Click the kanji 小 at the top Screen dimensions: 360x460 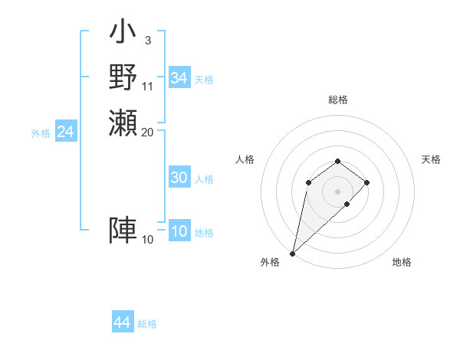pyautogui.click(x=123, y=34)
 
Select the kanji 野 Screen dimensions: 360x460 pyautogui.click(x=123, y=77)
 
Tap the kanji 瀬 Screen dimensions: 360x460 pyautogui.click(x=123, y=123)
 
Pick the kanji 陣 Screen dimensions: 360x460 pyautogui.click(x=123, y=230)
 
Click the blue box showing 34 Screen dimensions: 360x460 pyautogui.click(x=179, y=78)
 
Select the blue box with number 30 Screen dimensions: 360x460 pyautogui.click(x=179, y=178)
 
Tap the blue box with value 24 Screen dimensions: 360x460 pyautogui.click(x=65, y=132)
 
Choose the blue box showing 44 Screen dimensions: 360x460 pyautogui.click(x=122, y=322)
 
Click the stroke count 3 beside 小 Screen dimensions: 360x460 pyautogui.click(x=147, y=40)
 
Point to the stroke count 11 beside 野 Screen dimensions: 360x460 pyautogui.click(x=147, y=86)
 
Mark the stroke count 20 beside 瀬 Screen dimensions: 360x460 pyautogui.click(x=147, y=132)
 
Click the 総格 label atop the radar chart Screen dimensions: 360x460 pyautogui.click(x=337, y=100)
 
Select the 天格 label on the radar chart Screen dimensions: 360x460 pyautogui.click(x=431, y=159)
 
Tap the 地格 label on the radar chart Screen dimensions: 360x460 pyautogui.click(x=402, y=262)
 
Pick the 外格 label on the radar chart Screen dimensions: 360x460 pyautogui.click(x=270, y=262)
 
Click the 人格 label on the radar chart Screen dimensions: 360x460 pyautogui.click(x=245, y=159)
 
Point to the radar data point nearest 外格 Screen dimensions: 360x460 pyautogui.click(x=292, y=254)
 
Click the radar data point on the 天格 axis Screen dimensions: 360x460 pyautogui.click(x=367, y=182)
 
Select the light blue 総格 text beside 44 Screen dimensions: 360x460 pyautogui.click(x=147, y=324)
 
